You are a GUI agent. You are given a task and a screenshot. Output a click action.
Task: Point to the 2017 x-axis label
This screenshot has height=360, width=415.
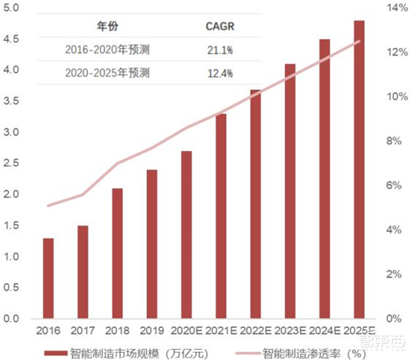click(x=83, y=330)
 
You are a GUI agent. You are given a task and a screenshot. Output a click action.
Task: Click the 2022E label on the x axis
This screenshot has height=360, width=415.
click(x=255, y=330)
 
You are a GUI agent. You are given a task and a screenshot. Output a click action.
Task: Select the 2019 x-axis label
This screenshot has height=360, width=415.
click(x=152, y=330)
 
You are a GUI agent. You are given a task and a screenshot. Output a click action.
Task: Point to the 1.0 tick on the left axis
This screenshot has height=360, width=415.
click(x=12, y=257)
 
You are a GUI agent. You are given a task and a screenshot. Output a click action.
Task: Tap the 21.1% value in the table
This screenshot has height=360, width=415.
click(x=220, y=50)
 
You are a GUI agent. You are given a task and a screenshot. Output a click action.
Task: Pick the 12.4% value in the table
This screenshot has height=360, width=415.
click(x=220, y=73)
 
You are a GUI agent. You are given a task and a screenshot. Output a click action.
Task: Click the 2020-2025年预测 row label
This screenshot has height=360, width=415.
click(x=107, y=73)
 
